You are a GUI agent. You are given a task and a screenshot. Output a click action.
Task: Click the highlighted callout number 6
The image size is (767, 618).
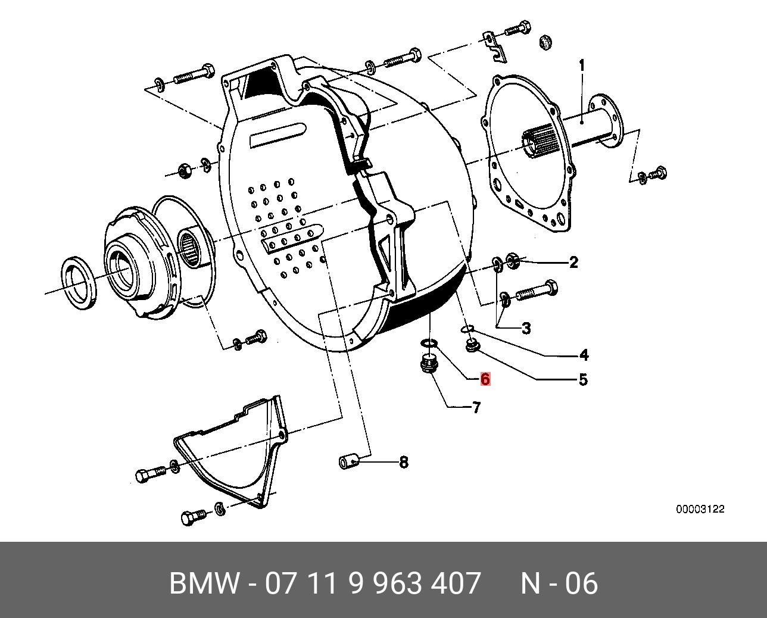[485, 379]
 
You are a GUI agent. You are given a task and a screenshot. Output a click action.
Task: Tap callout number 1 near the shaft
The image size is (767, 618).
[582, 65]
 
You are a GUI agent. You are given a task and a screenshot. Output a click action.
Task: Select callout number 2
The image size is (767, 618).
[573, 262]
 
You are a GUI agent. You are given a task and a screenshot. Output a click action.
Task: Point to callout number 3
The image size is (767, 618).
[526, 328]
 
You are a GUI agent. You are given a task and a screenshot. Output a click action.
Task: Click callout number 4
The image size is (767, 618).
[584, 355]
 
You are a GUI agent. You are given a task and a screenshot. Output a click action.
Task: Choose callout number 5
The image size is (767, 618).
[583, 379]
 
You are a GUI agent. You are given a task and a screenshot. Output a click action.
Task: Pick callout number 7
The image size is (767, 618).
[476, 408]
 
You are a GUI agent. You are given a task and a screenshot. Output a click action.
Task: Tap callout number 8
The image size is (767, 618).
[403, 462]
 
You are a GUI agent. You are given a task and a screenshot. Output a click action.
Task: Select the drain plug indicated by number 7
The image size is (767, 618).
[428, 363]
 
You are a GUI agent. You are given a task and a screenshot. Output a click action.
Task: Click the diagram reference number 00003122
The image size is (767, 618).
[700, 510]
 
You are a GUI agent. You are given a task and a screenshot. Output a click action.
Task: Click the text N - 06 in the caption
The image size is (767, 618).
[559, 583]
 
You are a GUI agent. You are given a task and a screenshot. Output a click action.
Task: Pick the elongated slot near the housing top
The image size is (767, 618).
[278, 135]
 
